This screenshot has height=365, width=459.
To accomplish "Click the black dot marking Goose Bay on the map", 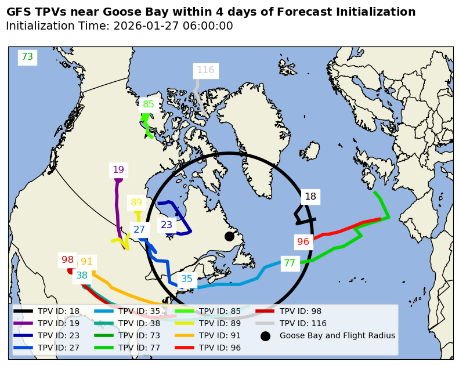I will click(x=229, y=236).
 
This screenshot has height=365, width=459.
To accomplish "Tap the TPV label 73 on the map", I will click(x=27, y=57).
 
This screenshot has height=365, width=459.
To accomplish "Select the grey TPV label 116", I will click(x=205, y=70).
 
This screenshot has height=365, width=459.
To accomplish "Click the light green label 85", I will click(x=149, y=104).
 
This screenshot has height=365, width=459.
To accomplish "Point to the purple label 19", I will click(x=118, y=170).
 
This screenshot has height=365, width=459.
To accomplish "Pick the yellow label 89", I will click(x=136, y=203).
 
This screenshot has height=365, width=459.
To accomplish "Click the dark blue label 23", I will click(x=167, y=225).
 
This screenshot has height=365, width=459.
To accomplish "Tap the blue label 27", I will click(x=139, y=230).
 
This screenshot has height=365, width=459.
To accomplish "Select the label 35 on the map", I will click(x=187, y=279).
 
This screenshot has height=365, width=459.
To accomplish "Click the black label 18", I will click(x=310, y=197).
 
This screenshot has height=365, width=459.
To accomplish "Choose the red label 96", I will click(x=303, y=242).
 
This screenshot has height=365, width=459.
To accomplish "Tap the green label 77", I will click(x=290, y=263).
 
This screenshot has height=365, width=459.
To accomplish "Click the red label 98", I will click(x=68, y=260).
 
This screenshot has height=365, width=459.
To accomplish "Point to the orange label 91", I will click(x=86, y=262).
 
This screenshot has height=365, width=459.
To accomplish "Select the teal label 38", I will click(x=82, y=276).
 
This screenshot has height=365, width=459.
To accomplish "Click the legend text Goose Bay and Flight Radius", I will click(x=337, y=335).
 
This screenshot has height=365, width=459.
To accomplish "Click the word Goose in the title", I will click(x=129, y=12).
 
